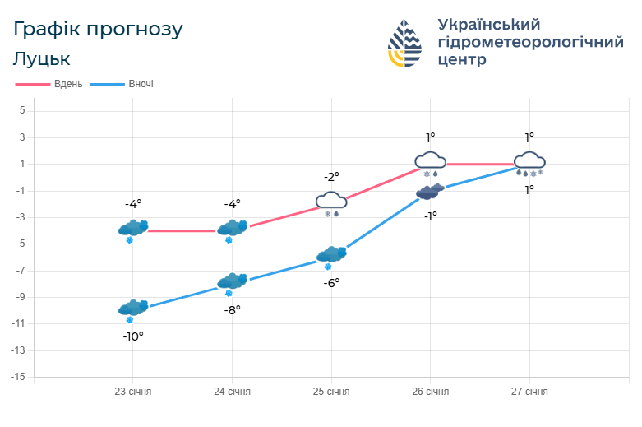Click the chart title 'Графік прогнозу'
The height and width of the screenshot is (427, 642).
(x=98, y=30)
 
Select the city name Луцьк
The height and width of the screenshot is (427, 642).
(x=42, y=59)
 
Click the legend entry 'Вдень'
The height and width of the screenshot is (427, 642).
(x=67, y=85)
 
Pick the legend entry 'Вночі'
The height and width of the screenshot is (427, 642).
(x=141, y=85)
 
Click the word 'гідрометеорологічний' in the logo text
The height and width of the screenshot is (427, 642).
(x=530, y=42)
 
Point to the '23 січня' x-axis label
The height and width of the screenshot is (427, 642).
(x=132, y=392)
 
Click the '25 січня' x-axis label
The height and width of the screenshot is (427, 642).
(x=331, y=392)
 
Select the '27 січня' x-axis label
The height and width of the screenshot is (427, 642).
(x=529, y=392)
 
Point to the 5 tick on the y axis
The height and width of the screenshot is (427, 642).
(x=22, y=111)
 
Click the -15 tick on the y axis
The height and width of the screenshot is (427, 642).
(x=19, y=377)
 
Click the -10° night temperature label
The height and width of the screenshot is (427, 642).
(x=133, y=336)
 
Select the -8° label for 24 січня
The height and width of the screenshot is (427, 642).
(x=232, y=310)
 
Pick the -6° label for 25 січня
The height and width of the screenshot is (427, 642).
(x=331, y=282)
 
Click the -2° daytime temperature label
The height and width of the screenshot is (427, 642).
(x=331, y=176)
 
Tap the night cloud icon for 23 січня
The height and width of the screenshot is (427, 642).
(x=132, y=309)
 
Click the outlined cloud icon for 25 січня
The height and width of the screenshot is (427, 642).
(x=331, y=200)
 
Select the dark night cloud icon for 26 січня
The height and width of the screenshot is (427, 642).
(x=430, y=192)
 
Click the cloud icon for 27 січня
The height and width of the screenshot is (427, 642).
(x=529, y=160)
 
